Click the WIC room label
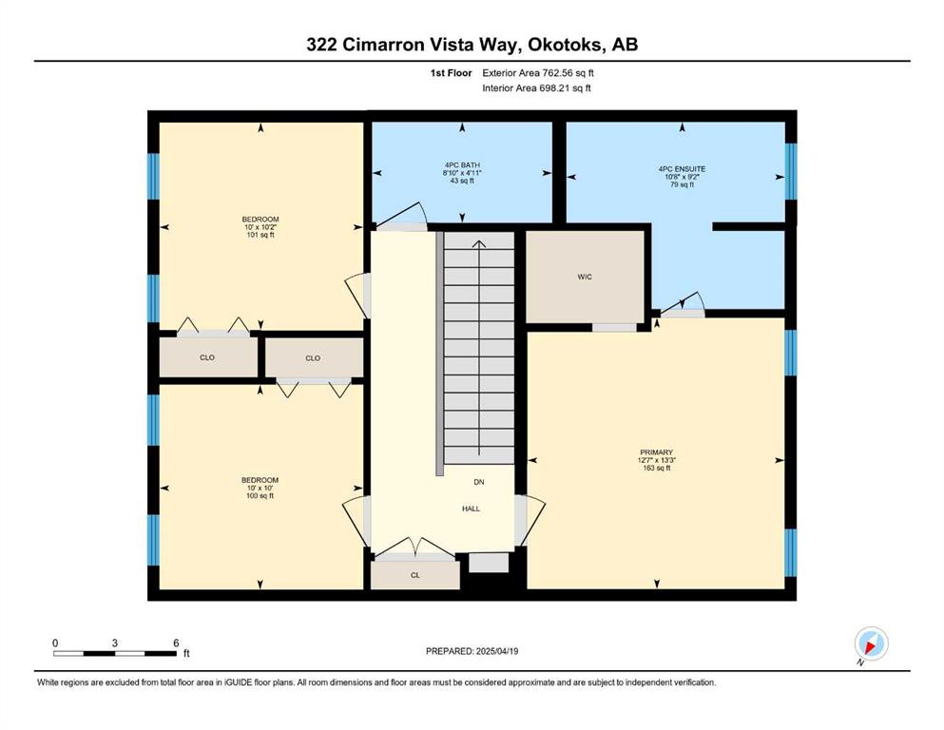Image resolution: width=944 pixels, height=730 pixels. (585, 277)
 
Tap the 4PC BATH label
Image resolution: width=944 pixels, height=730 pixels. (462, 164)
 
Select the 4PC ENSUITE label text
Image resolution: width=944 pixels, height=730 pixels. (683, 169)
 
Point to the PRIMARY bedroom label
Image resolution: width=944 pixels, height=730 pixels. (656, 451)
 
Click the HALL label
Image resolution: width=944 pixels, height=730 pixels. (471, 509)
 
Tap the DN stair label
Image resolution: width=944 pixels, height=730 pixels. (478, 482)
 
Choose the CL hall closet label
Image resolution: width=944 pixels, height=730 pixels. (414, 575)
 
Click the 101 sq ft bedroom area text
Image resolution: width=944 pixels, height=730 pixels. (260, 236)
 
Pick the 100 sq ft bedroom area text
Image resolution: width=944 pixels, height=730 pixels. (260, 496)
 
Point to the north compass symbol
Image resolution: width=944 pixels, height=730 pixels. (871, 644)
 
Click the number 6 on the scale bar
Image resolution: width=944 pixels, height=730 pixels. (176, 643)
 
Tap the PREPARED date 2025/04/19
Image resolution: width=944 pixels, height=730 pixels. (496, 651)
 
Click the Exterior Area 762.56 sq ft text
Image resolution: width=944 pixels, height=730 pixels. (538, 73)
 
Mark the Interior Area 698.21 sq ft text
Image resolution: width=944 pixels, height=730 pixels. (536, 87)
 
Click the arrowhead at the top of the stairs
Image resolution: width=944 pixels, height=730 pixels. (478, 243)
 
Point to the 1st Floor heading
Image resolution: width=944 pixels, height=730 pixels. (451, 73)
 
